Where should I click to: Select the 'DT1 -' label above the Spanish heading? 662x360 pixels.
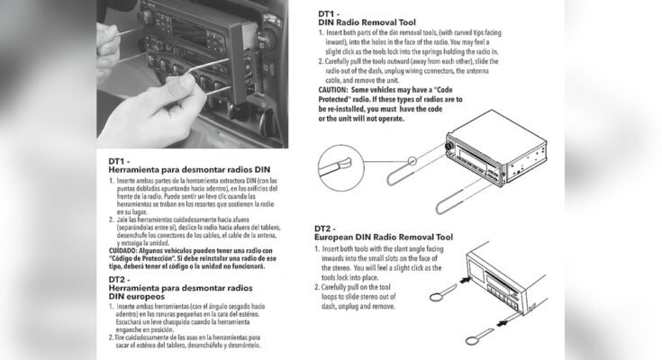tap(123, 162)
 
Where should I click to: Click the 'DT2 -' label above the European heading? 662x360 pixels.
tap(330, 229)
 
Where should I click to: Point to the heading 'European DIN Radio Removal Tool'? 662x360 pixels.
tap(383, 238)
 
